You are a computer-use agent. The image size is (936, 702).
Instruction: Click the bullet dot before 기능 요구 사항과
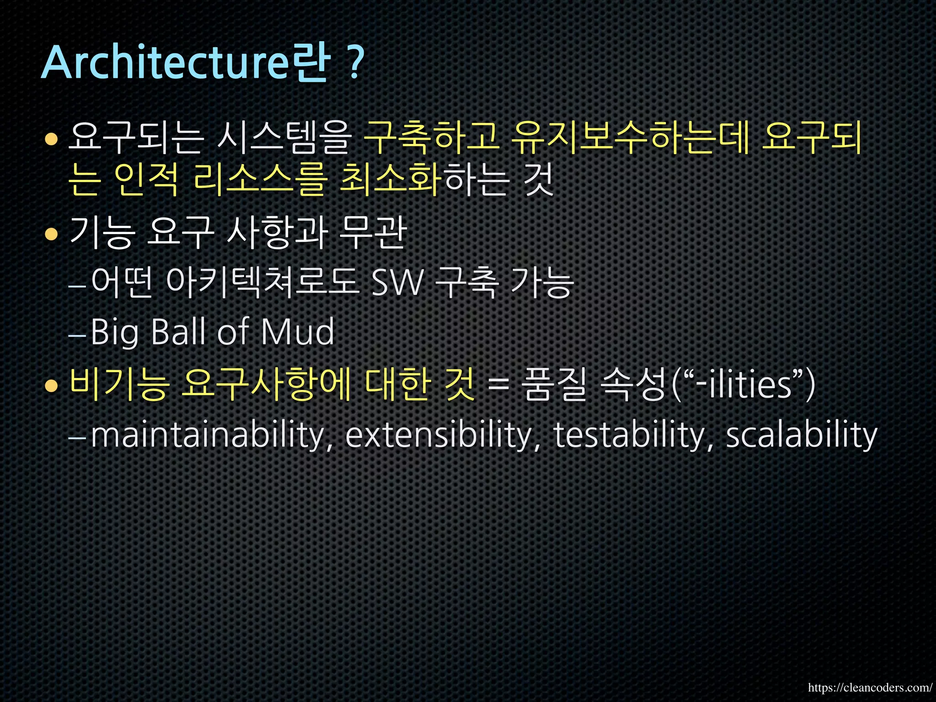tap(52, 234)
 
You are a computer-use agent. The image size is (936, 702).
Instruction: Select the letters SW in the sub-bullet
tap(397, 283)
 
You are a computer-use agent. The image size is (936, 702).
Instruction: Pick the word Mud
tap(298, 332)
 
